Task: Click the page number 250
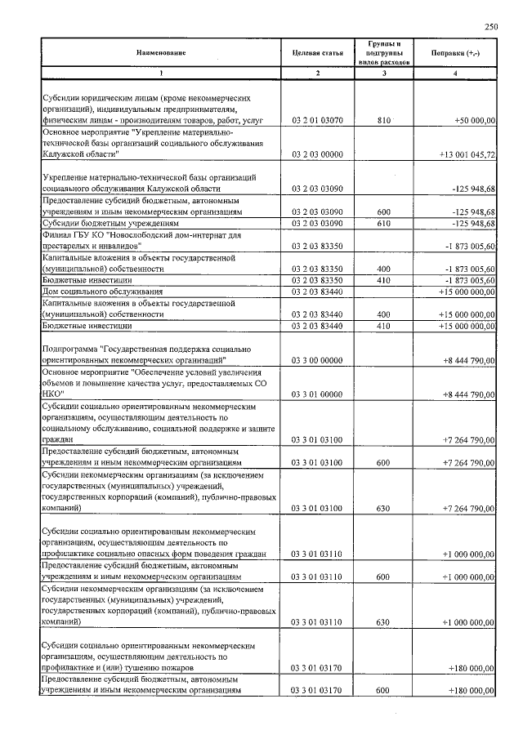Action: pos(490,27)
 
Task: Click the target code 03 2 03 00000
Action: pos(317,154)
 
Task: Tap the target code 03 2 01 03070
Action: pos(317,121)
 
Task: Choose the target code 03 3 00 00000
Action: pos(317,359)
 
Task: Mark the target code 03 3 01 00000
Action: pos(317,394)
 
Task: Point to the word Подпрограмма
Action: pos(70,349)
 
